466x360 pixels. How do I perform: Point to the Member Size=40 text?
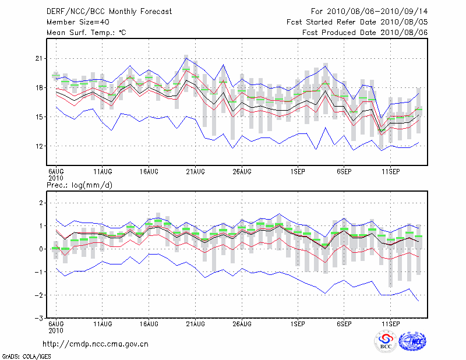(76, 22)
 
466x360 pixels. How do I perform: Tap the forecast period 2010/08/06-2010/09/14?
(369, 11)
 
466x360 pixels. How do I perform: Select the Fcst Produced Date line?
(365, 33)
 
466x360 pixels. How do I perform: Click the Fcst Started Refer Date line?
(357, 22)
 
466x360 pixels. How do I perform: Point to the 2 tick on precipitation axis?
(41, 203)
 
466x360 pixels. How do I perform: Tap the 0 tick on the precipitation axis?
(41, 249)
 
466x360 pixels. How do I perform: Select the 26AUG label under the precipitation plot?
(241, 323)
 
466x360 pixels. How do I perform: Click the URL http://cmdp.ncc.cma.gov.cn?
(96, 344)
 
